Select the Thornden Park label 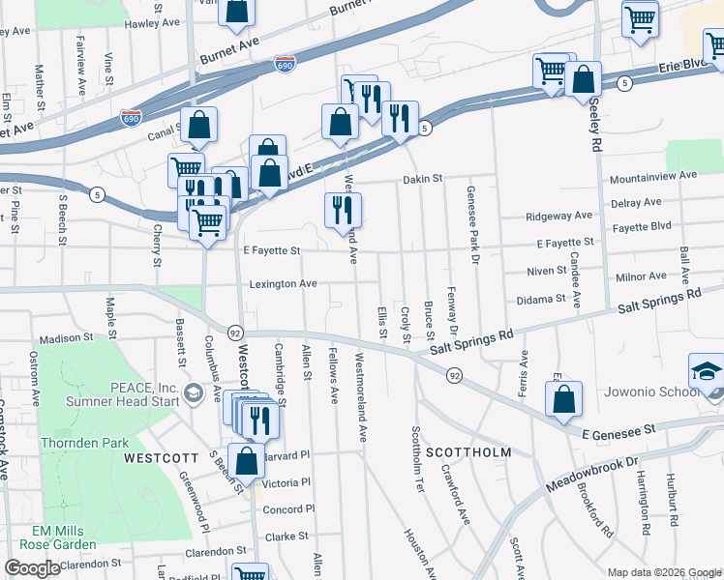tap(83, 443)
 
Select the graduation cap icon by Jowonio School tap(706, 373)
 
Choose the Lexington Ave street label tap(284, 284)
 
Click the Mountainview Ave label tap(653, 176)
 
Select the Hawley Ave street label tap(153, 22)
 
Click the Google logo tap(33, 568)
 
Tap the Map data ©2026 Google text tap(663, 572)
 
